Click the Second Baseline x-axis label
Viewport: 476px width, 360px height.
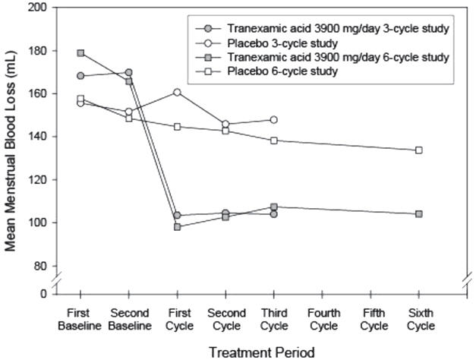click(128, 320)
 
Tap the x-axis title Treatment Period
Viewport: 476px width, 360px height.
click(251, 351)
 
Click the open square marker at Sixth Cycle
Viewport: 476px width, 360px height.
click(418, 150)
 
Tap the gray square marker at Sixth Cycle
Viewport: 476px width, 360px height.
click(418, 214)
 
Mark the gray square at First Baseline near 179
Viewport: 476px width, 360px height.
click(81, 53)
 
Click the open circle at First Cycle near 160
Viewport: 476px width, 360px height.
click(178, 93)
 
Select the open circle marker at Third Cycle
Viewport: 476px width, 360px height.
click(273, 120)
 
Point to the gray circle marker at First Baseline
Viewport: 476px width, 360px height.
click(81, 76)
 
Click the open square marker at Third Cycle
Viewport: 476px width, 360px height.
click(273, 141)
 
